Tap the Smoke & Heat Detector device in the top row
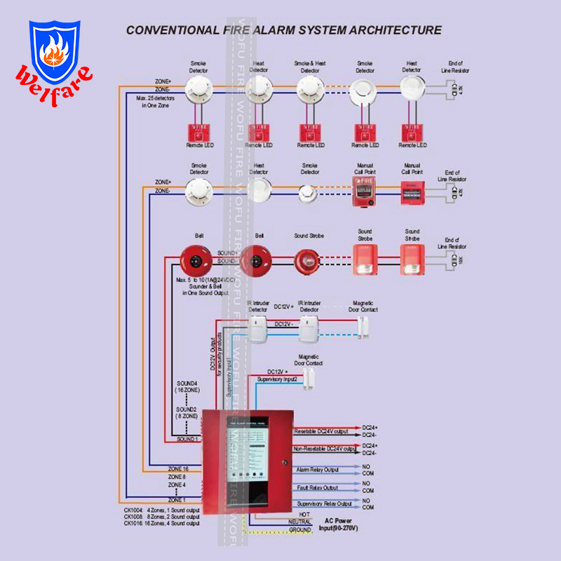click(309, 88)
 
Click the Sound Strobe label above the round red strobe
click(309, 236)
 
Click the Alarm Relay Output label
click(317, 469)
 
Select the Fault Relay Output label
click(316, 487)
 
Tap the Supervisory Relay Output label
click(324, 503)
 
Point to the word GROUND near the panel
click(300, 530)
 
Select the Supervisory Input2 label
click(277, 379)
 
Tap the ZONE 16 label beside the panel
click(178, 468)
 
